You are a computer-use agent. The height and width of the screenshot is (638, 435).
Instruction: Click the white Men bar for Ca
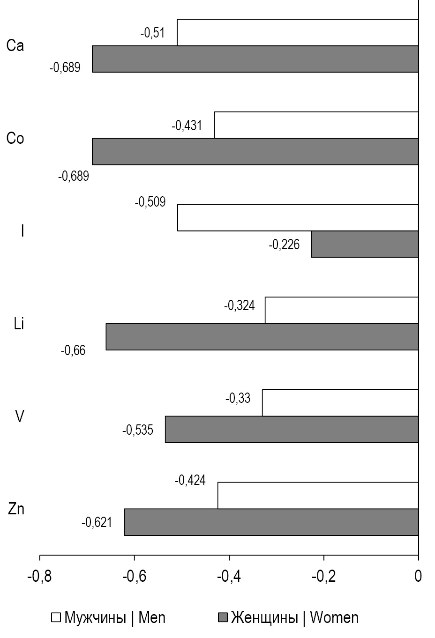coord(298,32)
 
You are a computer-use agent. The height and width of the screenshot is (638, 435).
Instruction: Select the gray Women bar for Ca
coord(255,59)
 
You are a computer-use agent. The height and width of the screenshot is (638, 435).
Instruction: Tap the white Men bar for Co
coord(316,125)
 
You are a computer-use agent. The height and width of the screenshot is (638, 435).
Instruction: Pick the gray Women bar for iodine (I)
coord(365,244)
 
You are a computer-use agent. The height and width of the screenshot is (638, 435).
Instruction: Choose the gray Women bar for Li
coord(262,337)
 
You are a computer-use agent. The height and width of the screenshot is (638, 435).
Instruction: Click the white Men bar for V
coord(340,403)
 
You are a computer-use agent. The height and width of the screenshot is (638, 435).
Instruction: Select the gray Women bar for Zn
coord(271,522)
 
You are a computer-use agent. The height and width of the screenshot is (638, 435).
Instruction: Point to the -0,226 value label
coord(284,245)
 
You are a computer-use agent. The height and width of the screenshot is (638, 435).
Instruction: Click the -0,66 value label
coord(73,350)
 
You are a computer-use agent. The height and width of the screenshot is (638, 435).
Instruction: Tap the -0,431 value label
coord(187,126)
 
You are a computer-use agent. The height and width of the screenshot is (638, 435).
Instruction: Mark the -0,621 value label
coord(97,522)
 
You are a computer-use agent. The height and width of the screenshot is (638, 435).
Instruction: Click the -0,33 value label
coord(238,399)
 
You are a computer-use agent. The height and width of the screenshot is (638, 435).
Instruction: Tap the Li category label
coord(19,324)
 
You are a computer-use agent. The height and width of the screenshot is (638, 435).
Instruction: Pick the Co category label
coord(15,139)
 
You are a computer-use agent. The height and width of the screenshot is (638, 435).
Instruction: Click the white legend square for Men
coord(56,617)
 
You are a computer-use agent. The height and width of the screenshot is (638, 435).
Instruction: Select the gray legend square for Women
coord(223,617)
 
